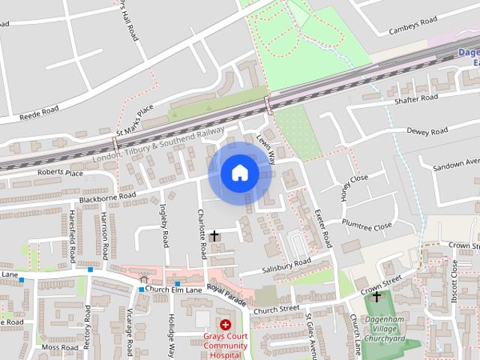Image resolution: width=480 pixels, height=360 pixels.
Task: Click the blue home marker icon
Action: (x=239, y=172)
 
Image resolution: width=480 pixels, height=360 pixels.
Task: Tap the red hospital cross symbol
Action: (x=225, y=325)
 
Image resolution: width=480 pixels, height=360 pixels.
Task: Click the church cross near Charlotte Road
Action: (x=214, y=236)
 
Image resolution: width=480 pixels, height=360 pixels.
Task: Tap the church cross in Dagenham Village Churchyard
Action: (x=376, y=297)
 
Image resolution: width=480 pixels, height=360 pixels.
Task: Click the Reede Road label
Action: (x=39, y=112)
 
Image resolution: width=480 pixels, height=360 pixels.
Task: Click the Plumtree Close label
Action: (x=367, y=224)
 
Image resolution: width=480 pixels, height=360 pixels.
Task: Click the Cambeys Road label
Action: (x=412, y=28)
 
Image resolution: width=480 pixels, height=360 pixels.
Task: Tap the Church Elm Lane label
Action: (x=174, y=289)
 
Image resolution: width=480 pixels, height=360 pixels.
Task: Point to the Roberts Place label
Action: (x=64, y=173)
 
